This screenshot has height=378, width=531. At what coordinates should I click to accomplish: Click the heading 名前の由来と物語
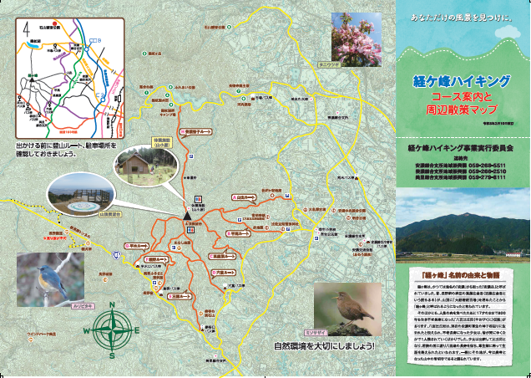click(461, 273)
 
